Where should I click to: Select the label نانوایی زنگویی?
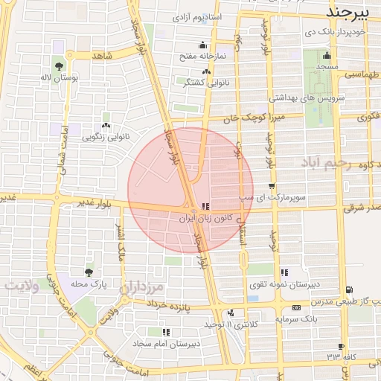105,137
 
